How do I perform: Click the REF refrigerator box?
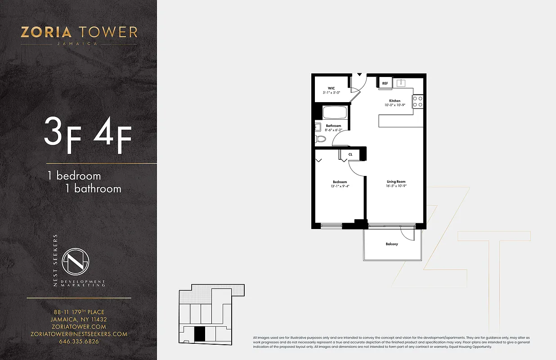[x=385, y=83]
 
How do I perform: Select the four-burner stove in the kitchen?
[x=418, y=101]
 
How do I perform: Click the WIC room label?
[x=331, y=88]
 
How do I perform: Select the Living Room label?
[x=396, y=181]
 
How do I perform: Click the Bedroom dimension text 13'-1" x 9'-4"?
[x=340, y=186]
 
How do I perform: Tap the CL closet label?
[x=350, y=154]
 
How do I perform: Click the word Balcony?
[x=392, y=244]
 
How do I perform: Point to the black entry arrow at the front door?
[x=359, y=74]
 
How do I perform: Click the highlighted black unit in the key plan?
[x=200, y=334]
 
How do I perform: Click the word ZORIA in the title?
[x=46, y=32]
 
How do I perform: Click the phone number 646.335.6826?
[x=79, y=341]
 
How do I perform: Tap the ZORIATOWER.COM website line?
[x=79, y=327]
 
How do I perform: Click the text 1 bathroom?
[x=93, y=188]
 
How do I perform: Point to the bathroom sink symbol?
[x=318, y=127]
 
